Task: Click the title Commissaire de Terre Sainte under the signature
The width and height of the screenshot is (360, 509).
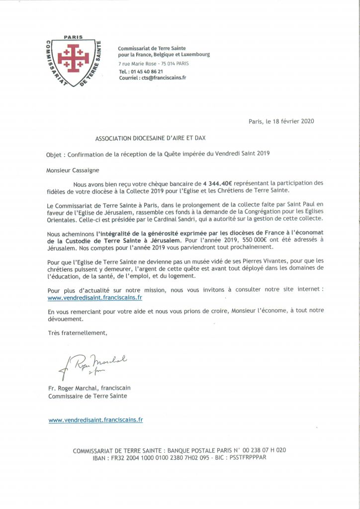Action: (x=88, y=396)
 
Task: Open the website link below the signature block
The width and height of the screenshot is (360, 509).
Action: (x=95, y=420)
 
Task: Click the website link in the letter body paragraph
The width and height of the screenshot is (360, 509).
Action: (x=94, y=297)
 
